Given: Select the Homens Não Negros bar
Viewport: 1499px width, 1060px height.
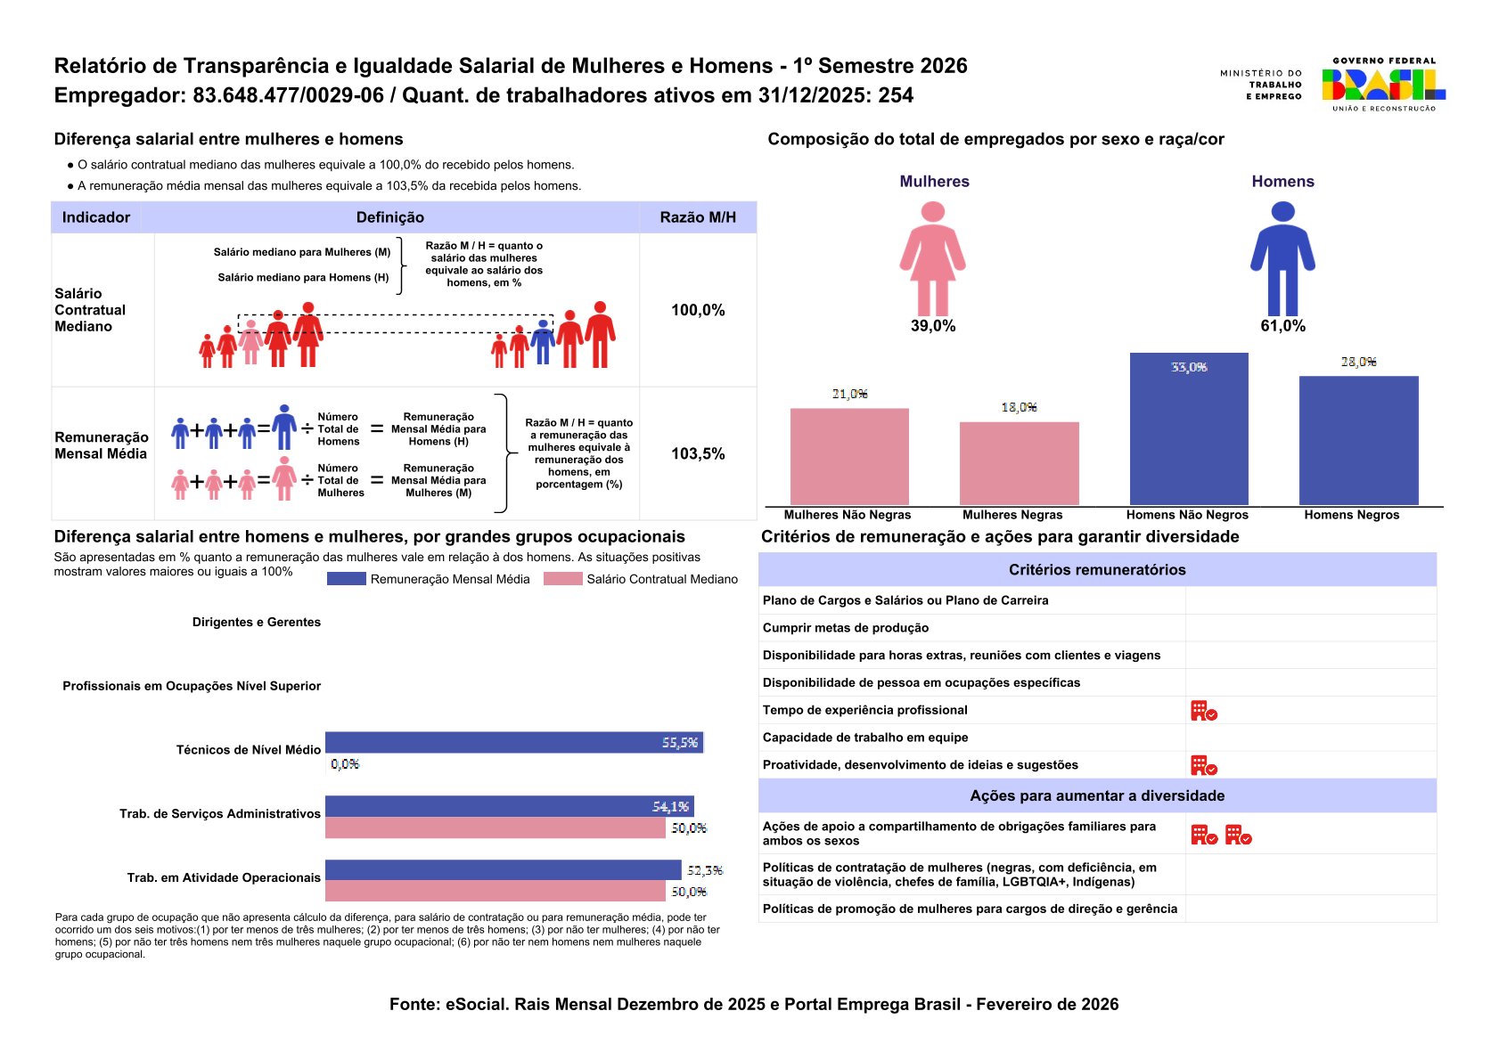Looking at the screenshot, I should (1188, 429).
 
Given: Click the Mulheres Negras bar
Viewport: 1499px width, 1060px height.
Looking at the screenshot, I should (1019, 463).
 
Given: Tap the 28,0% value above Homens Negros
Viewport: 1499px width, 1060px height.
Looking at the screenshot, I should (1358, 362).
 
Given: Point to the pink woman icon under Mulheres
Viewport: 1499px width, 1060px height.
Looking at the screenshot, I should (932, 257).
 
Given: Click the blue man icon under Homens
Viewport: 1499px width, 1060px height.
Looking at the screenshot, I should (1282, 257).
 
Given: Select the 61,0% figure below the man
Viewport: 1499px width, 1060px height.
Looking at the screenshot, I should (1282, 326).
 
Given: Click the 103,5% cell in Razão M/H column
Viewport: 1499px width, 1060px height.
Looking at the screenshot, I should (698, 453).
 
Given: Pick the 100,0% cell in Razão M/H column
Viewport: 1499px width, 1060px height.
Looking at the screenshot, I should (698, 310).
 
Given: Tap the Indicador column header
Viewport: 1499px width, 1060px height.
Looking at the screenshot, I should (96, 217).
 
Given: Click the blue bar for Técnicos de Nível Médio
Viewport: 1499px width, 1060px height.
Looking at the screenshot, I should (514, 742).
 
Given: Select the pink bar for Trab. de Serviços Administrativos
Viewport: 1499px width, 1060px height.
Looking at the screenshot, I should (495, 828).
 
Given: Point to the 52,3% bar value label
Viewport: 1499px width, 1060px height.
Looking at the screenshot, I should (704, 870).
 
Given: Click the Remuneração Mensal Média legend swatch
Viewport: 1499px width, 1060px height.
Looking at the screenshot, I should (346, 579).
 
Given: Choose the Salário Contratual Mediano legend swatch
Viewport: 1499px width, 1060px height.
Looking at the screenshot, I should (562, 579).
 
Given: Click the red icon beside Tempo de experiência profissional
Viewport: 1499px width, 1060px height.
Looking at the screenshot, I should (1203, 711).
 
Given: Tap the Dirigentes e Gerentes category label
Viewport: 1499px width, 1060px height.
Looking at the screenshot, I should (257, 622).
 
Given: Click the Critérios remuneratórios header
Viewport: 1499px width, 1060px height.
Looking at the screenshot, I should (1096, 570).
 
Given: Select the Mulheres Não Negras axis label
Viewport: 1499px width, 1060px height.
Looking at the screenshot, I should (848, 515).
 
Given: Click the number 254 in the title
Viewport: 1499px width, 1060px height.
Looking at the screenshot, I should (896, 95).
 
